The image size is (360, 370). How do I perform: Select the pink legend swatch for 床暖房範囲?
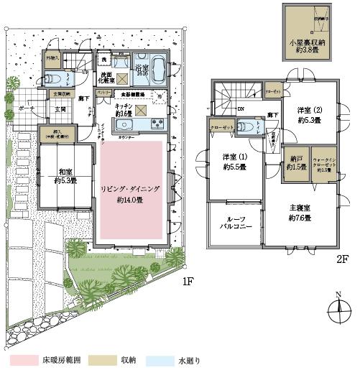pos(19,356)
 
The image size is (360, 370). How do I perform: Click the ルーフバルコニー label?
pos(235,222)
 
